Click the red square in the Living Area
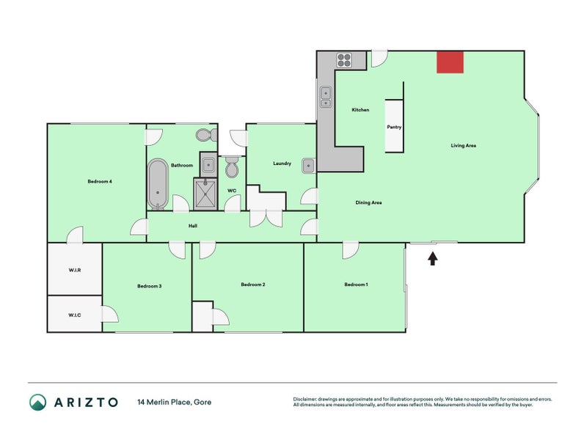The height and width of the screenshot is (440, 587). [x=450, y=62]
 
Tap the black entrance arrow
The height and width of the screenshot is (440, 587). [x=432, y=258]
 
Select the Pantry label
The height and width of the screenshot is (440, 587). [x=394, y=127]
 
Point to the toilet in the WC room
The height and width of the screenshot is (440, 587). [x=232, y=169]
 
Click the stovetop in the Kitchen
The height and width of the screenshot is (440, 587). [x=345, y=60]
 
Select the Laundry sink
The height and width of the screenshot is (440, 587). [x=309, y=164]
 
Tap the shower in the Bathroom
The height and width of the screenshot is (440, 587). [x=206, y=194]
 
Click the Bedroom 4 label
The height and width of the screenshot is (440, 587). [x=99, y=181]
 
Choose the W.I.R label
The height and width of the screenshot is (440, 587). [x=74, y=271]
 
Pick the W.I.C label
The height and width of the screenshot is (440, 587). [x=74, y=315]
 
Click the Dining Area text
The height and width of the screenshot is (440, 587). [x=368, y=202]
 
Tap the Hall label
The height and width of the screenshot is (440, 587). [x=192, y=225]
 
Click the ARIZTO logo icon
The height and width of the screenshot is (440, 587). [x=38, y=402]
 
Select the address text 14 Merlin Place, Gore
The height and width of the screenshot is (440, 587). [x=175, y=402]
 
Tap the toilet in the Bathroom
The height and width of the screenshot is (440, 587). [x=205, y=135]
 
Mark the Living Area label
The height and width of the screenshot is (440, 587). [x=464, y=146]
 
